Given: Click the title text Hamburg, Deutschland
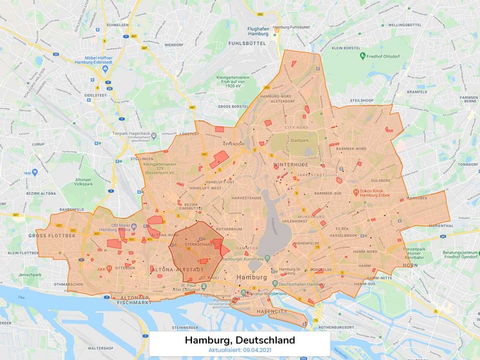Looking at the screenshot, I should coord(240,340).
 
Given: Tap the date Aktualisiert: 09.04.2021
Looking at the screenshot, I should coord(240,351).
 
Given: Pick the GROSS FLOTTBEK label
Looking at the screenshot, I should coord(46,236).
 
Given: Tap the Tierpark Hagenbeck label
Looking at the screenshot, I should coord(131,134).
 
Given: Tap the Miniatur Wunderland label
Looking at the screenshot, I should coord(269,293).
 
